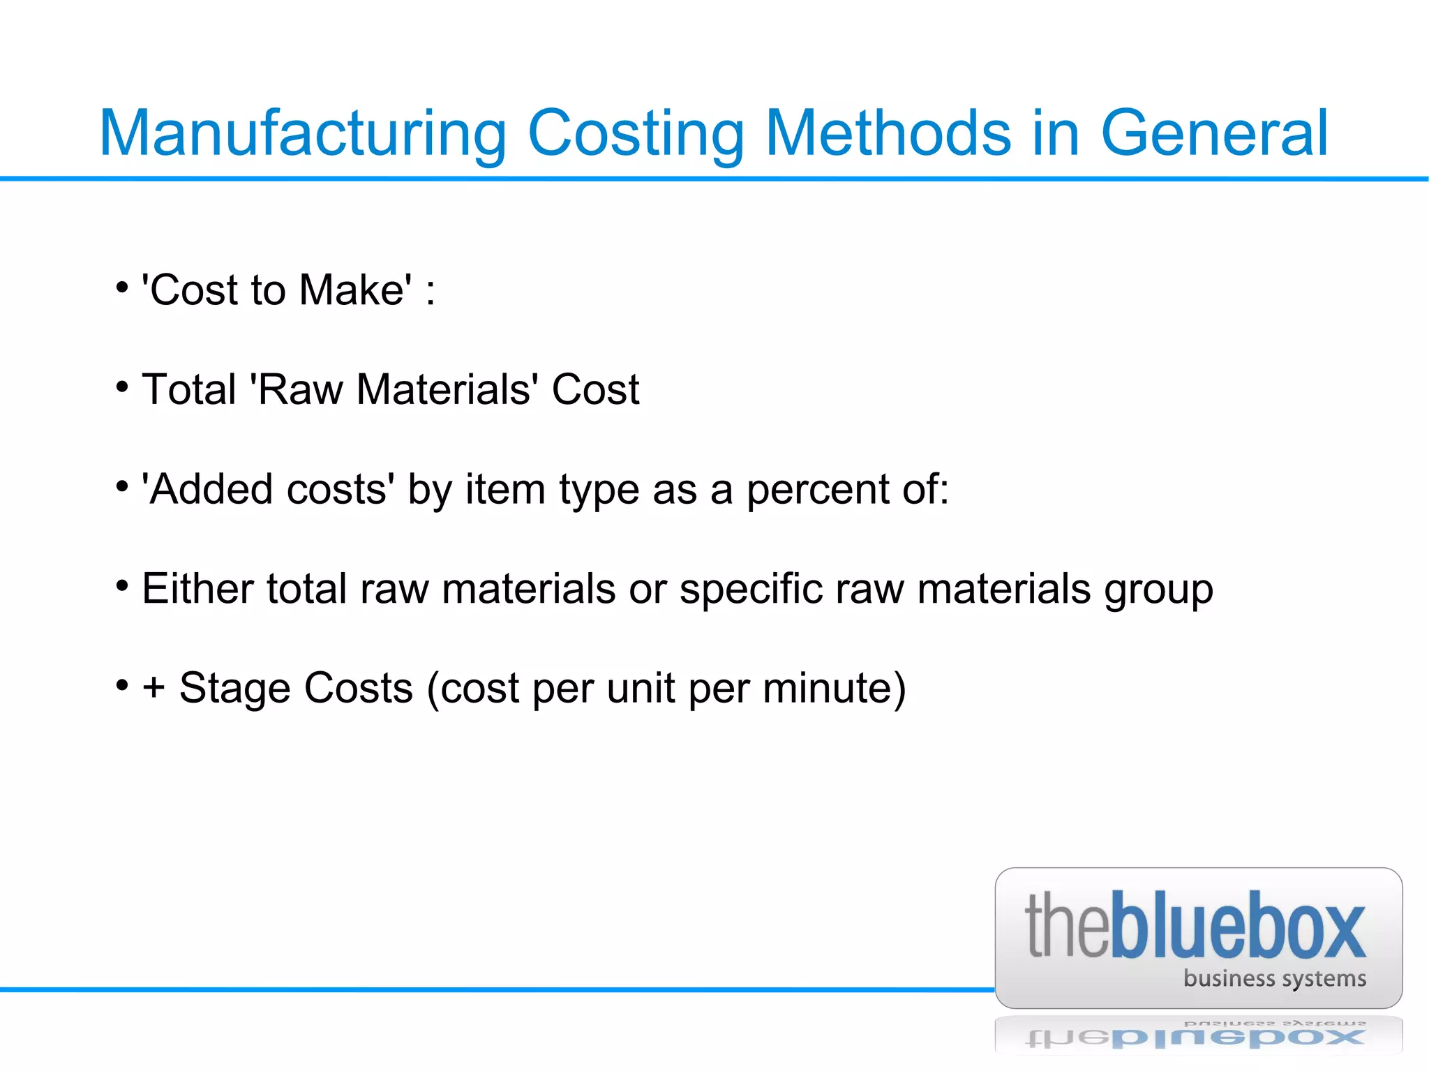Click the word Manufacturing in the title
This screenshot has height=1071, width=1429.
(x=303, y=134)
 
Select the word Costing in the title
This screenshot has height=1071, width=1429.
(x=636, y=134)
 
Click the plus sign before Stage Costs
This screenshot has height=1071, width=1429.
(x=154, y=688)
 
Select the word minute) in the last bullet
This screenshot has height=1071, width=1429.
(x=835, y=688)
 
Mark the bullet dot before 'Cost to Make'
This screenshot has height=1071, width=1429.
(x=122, y=287)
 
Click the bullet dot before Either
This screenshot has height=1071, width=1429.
(x=122, y=585)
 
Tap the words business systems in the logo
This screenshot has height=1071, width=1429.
(x=1274, y=978)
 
